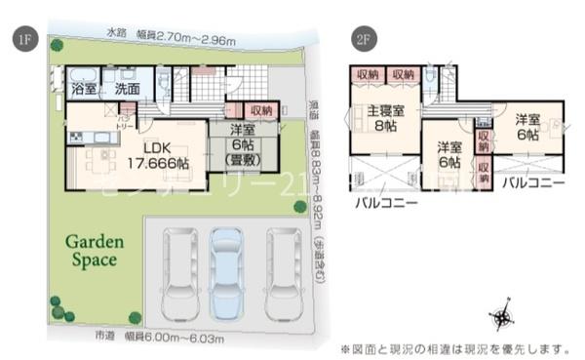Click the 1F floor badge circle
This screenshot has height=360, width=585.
21,39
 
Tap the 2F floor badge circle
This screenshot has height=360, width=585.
364,39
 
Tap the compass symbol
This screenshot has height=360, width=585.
504,317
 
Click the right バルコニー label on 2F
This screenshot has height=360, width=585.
529,181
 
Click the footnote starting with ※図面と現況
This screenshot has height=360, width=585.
453,347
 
